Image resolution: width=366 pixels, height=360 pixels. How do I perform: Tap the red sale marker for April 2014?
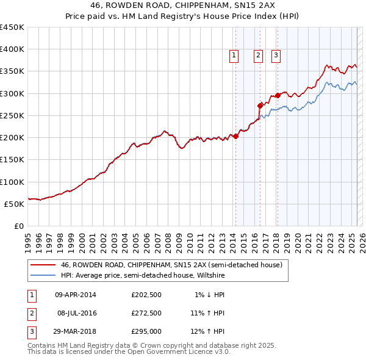coord(235,136)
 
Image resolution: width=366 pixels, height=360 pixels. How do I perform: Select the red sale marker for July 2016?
coord(260,105)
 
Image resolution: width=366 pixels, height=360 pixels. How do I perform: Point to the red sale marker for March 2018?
coord(278,95)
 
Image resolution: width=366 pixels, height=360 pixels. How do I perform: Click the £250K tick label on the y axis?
coord(12,115)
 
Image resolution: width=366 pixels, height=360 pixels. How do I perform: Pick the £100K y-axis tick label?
coord(12,182)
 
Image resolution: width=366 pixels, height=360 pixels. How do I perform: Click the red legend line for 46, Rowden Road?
coord(42,265)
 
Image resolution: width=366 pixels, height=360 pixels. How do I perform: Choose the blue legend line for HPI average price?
coord(42,275)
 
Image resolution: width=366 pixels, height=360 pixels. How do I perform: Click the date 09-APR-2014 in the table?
coord(76,295)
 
